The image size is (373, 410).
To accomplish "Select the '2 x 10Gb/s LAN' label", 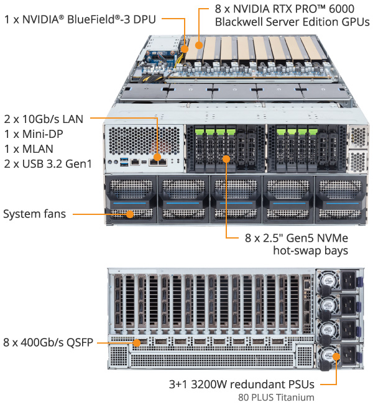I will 47,118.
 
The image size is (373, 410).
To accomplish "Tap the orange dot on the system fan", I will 130,214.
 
